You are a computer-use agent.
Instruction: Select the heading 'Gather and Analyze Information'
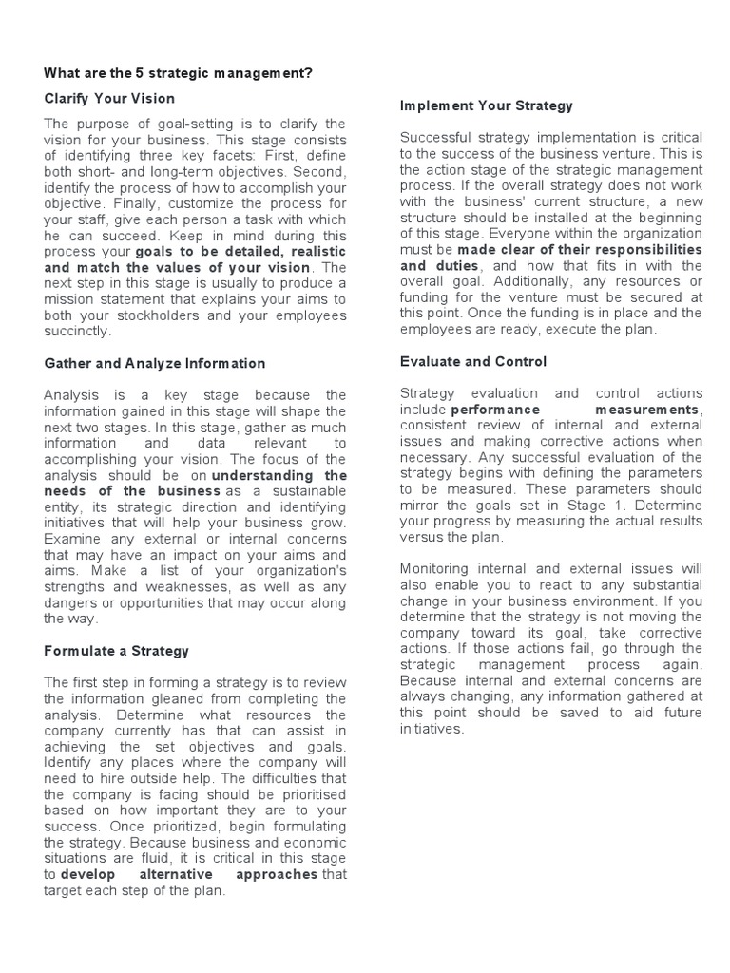pos(155,363)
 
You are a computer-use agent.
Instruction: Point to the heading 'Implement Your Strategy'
pos(487,105)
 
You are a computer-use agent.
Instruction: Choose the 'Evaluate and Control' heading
pos(473,362)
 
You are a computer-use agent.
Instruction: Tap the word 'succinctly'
pos(77,332)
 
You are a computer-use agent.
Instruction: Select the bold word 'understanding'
pos(279,475)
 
